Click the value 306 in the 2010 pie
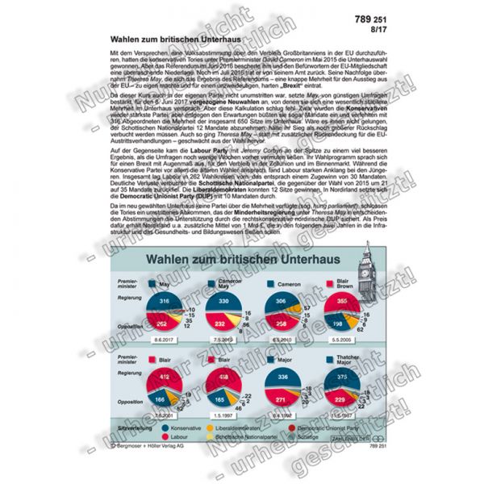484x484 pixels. pos(280,300)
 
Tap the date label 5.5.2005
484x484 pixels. pos(342,341)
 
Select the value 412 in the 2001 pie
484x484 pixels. pos(162,378)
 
